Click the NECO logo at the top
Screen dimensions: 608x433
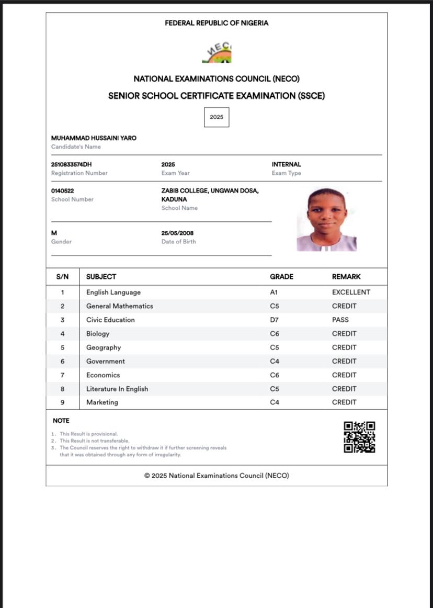216,52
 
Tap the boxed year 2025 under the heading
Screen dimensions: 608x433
216,117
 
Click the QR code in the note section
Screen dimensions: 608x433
359,437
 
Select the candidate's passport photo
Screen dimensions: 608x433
327,220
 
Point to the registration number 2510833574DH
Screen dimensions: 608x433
72,164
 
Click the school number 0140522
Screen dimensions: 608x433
63,191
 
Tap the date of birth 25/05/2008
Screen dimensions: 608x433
178,233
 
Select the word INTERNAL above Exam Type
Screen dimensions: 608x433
286,164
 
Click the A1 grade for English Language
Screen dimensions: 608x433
274,292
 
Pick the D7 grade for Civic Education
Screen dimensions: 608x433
275,320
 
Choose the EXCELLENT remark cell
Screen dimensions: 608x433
351,292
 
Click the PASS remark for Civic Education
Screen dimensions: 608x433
340,320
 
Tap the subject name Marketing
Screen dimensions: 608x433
102,402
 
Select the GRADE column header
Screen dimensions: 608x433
281,277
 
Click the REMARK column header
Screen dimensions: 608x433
346,277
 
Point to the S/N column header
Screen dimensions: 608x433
62,277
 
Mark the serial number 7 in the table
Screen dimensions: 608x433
62,375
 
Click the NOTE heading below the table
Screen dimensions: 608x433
61,421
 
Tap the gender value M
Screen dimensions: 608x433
54,233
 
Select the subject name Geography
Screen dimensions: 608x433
104,347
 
